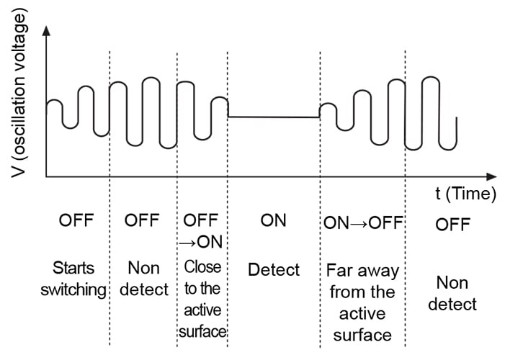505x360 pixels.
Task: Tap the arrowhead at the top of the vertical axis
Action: tap(46, 31)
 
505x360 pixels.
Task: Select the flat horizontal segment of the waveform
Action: tap(274, 117)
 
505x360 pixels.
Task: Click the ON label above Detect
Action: tap(273, 220)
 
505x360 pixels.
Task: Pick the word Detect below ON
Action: tap(274, 270)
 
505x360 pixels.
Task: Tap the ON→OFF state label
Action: tap(362, 221)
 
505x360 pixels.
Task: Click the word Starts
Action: tap(73, 269)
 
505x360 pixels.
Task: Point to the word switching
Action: tap(77, 290)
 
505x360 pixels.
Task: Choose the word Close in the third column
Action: tap(202, 266)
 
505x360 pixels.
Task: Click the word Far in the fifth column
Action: tap(339, 271)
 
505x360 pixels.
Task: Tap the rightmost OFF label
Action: tap(452, 225)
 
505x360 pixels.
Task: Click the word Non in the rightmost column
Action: tap(452, 282)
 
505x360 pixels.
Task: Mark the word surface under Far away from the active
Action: tap(363, 334)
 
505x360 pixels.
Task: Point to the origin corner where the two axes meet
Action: tap(46, 176)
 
